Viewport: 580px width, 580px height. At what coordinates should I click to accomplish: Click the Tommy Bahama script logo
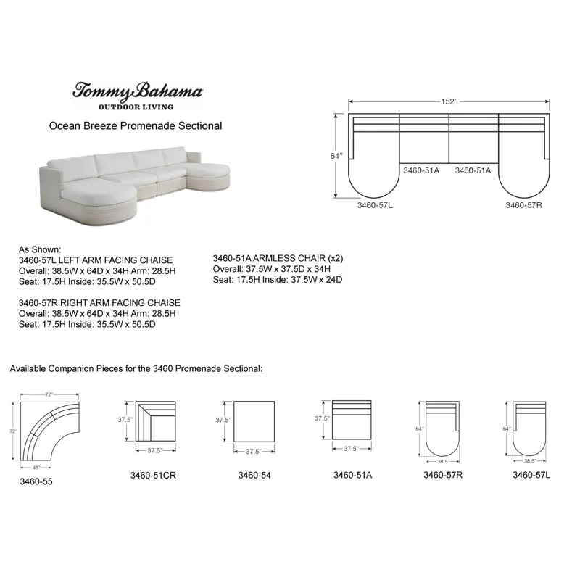(x=136, y=91)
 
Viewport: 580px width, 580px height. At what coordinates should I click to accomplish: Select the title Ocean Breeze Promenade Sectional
(x=136, y=125)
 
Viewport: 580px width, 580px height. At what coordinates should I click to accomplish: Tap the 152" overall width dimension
(x=450, y=101)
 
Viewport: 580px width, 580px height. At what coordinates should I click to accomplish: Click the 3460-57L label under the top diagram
(x=375, y=205)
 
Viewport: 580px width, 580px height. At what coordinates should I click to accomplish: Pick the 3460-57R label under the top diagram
(x=523, y=205)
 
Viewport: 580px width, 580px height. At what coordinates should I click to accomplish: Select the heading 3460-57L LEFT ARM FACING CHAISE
(x=96, y=260)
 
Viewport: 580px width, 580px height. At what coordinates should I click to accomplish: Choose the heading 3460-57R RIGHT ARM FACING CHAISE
(x=99, y=302)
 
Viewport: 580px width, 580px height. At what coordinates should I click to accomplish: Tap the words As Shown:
(x=40, y=249)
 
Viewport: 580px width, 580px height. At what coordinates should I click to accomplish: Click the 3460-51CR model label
(x=154, y=476)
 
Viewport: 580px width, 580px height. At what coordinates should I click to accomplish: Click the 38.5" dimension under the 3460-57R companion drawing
(x=443, y=461)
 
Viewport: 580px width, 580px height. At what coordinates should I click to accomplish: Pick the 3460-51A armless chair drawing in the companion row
(x=351, y=420)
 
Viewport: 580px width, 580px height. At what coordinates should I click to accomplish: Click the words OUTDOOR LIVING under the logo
(x=136, y=107)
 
